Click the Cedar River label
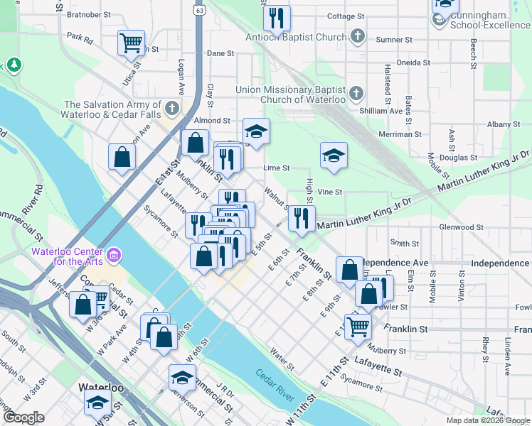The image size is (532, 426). coord(272,377)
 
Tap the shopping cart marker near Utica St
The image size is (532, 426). coord(131,43)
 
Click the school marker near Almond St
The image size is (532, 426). coord(256,130)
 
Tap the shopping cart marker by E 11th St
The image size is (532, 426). coord(358,326)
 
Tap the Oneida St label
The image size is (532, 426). coord(413,62)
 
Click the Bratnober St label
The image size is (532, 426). coord(88,13)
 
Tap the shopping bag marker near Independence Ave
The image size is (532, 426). coord(349,269)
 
